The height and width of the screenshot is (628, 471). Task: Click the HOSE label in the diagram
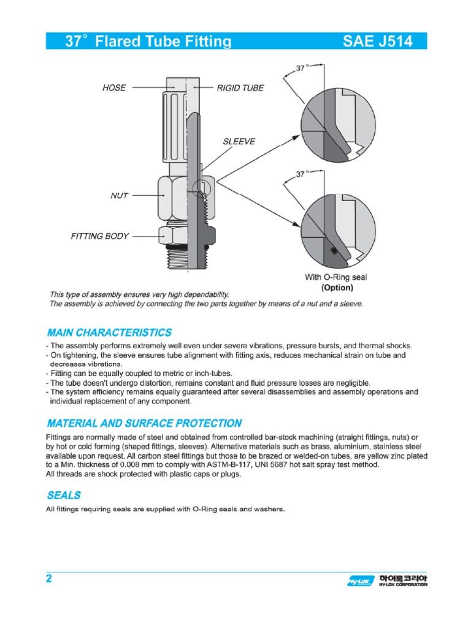114,88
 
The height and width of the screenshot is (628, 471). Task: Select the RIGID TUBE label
240,88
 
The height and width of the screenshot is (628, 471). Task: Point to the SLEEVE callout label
239,141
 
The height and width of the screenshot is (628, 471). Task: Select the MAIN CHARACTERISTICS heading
109,332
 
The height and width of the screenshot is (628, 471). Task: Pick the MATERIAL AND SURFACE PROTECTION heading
144,423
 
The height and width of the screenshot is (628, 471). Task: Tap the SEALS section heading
64,495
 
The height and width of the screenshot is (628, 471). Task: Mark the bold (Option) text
337,287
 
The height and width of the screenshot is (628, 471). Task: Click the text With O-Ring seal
336,278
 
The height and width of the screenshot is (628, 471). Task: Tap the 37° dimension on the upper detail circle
301,69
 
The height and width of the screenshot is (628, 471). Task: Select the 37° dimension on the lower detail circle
301,174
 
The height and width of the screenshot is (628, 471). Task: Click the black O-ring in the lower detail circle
334,250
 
